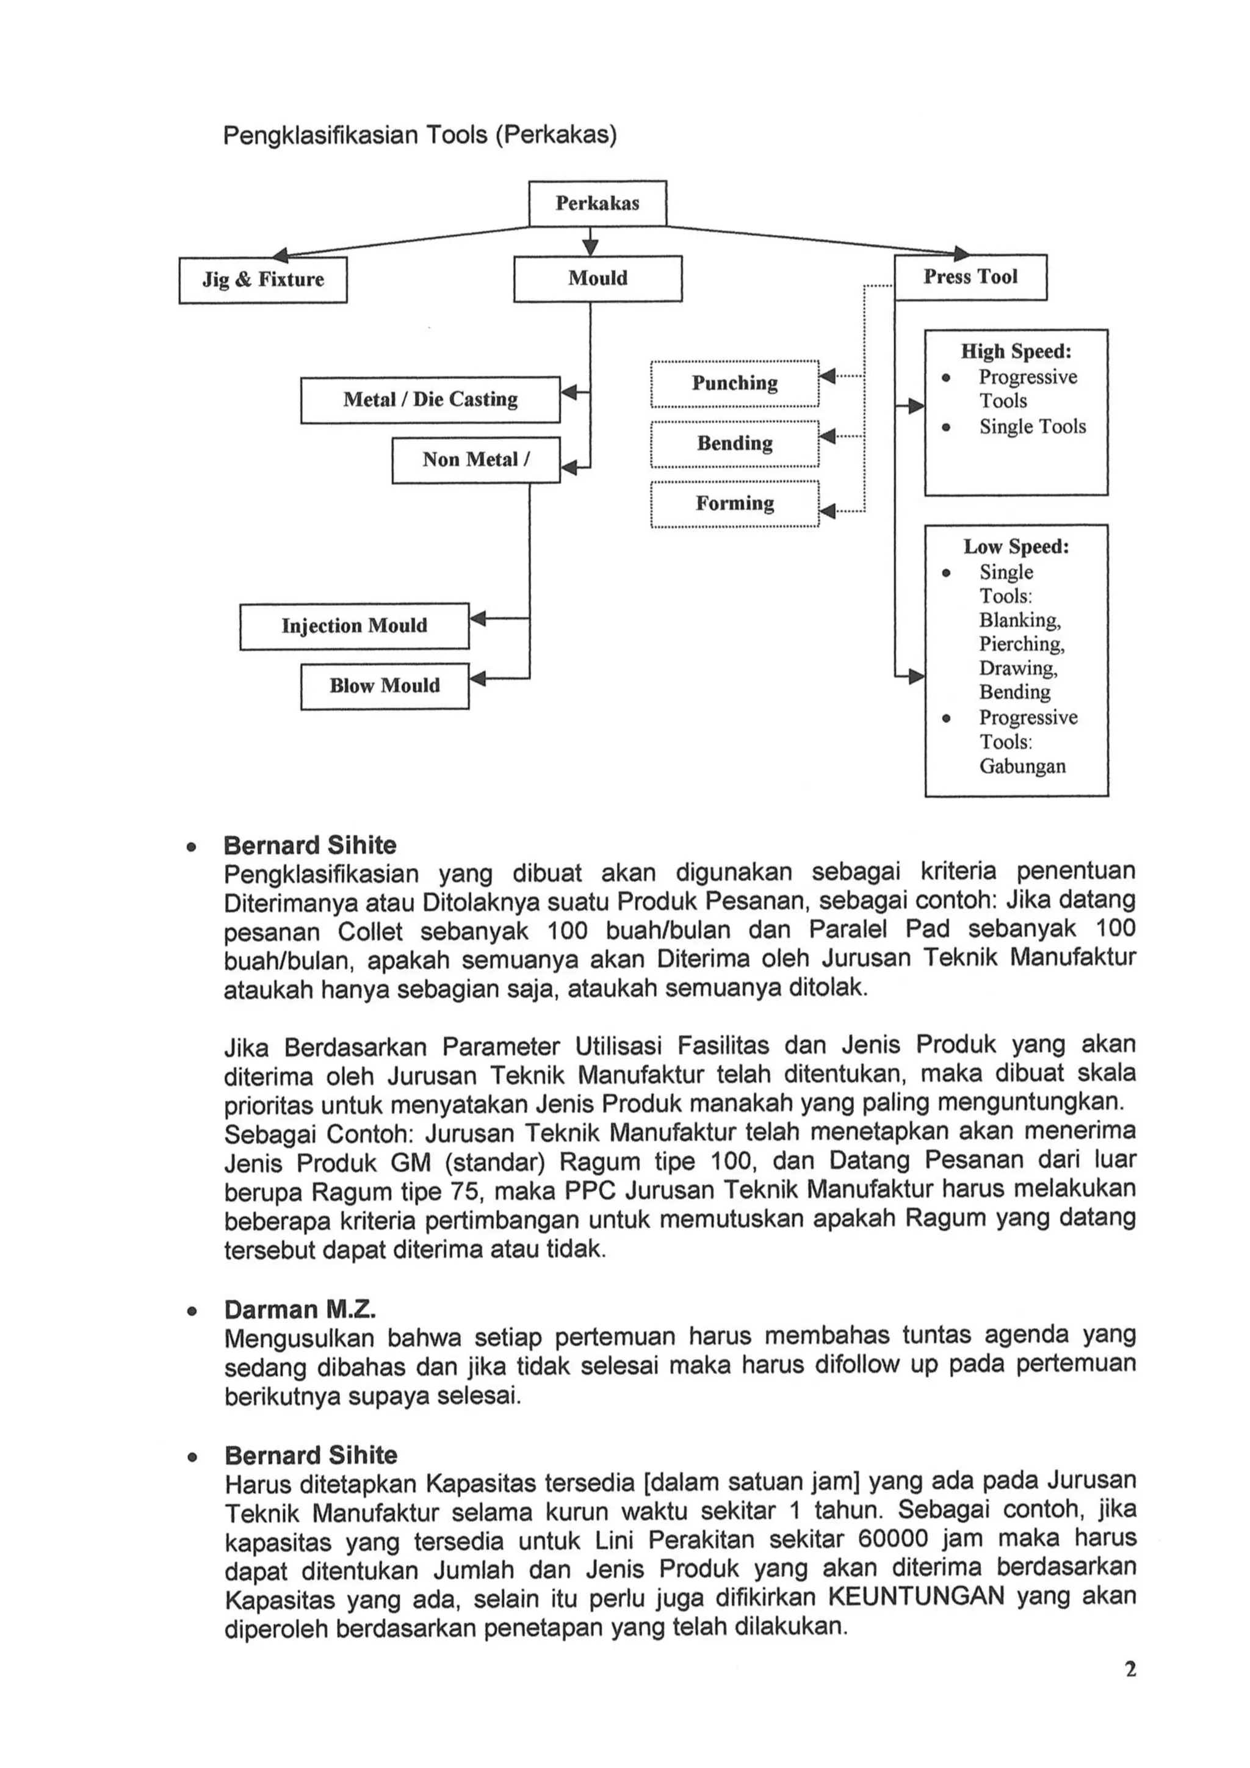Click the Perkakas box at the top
[597, 203]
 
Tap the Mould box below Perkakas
[598, 278]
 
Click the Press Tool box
[970, 276]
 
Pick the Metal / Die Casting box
[430, 399]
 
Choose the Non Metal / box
[475, 460]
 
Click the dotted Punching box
[734, 383]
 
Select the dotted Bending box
[734, 443]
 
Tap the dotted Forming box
[734, 503]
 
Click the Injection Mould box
[353, 626]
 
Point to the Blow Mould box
[385, 685]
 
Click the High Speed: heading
[1015, 351]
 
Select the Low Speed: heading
[1015, 546]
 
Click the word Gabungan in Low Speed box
[1022, 765]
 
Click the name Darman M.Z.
[300, 1309]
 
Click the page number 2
[1130, 1669]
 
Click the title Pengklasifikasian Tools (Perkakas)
[420, 135]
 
